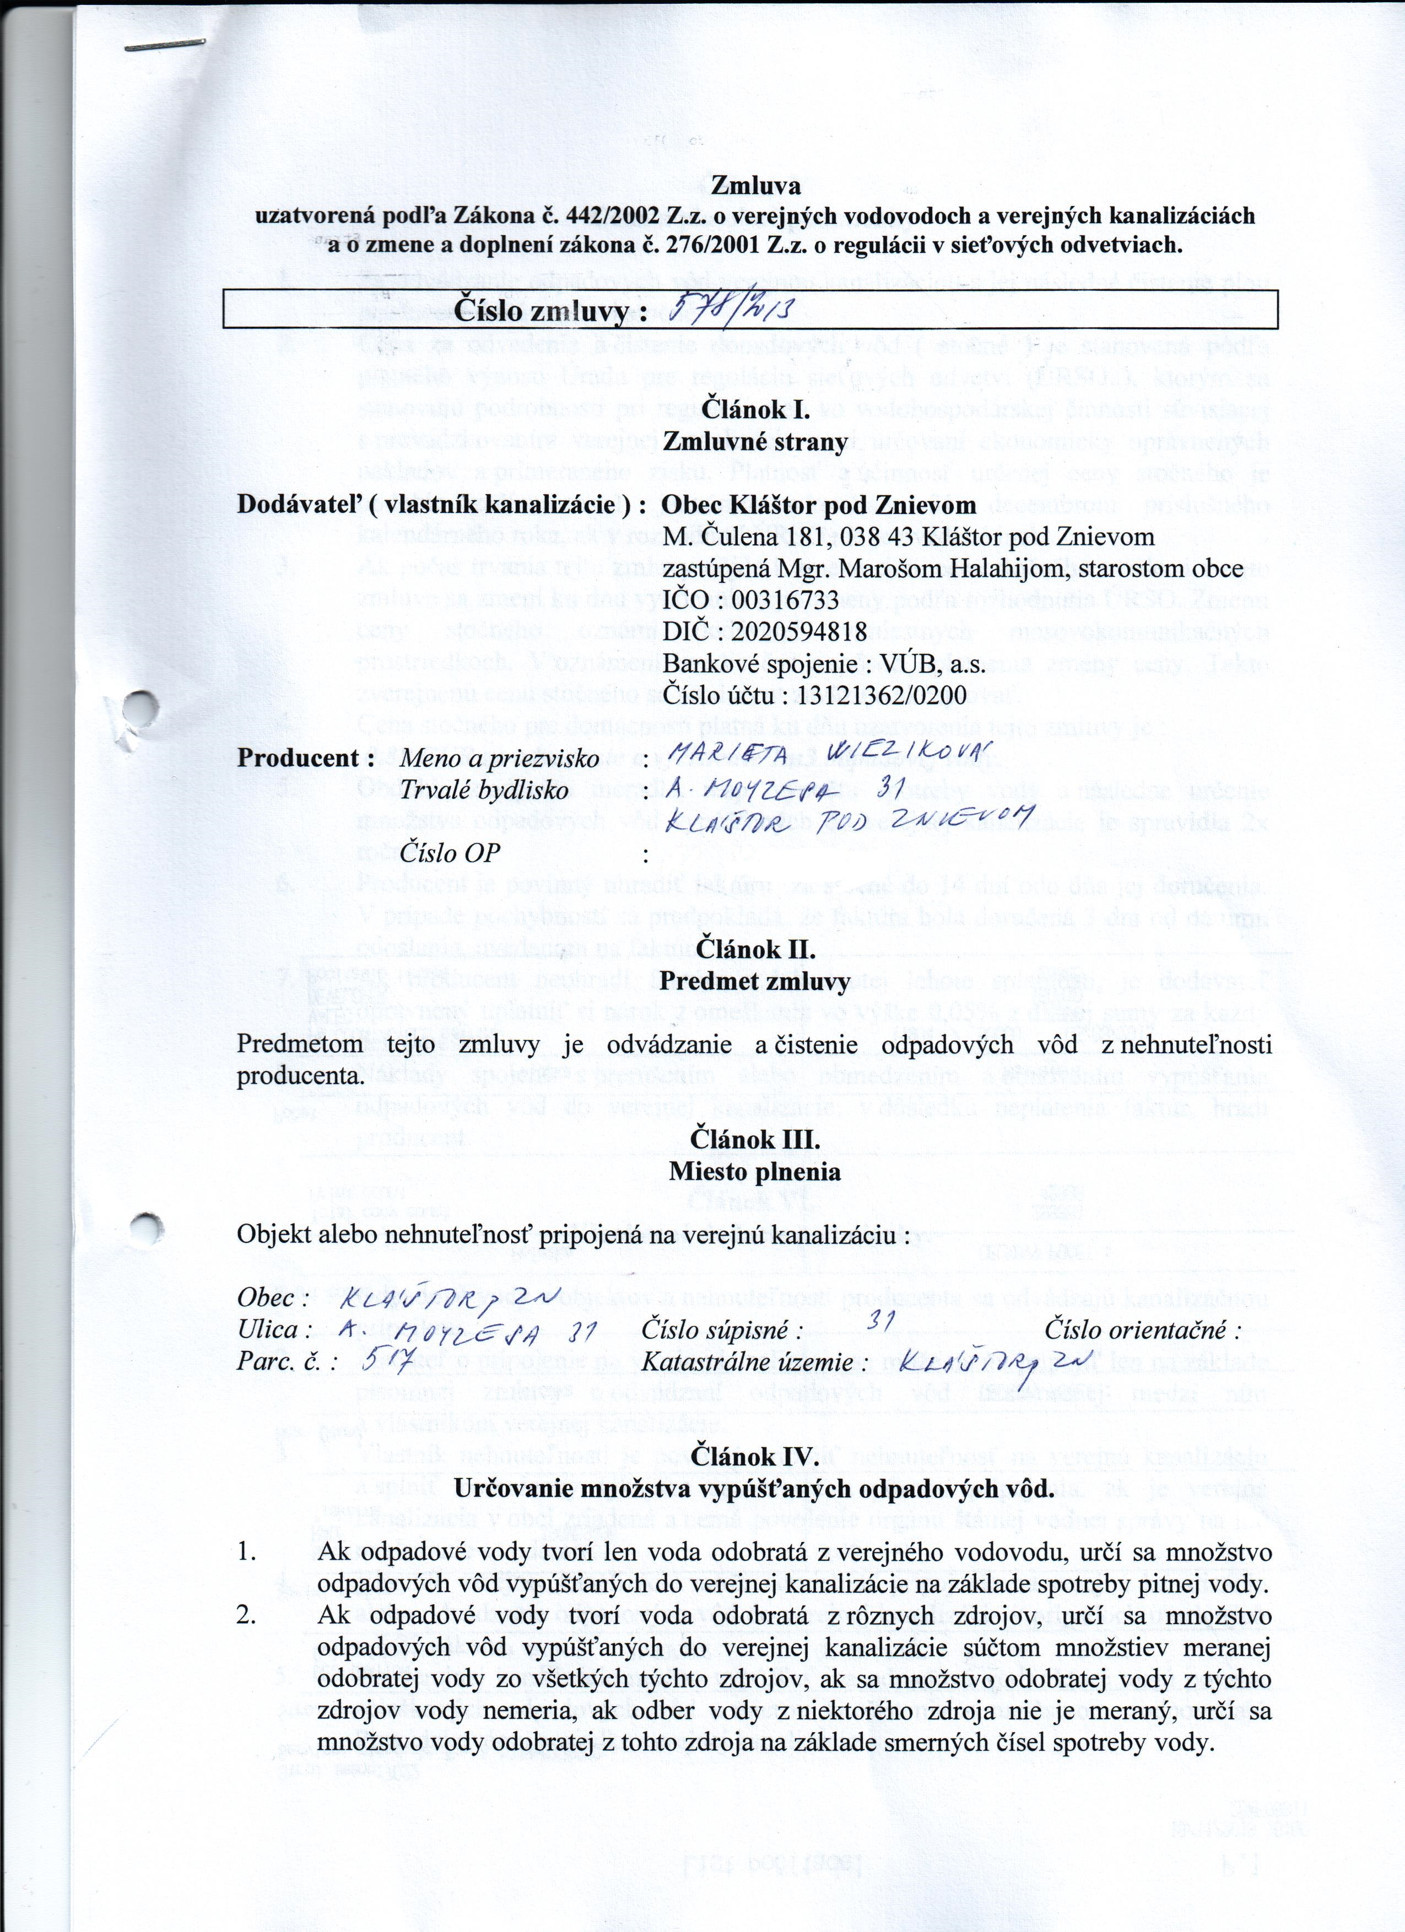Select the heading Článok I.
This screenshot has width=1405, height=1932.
[755, 410]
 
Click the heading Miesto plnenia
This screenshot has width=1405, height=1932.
[755, 1171]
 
